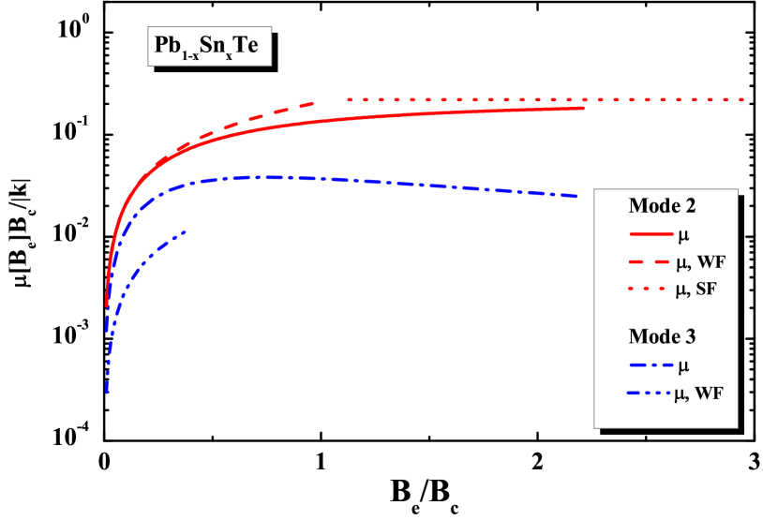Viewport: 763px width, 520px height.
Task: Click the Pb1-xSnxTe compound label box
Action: point(209,46)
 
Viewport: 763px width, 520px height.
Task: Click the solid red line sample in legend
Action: point(648,234)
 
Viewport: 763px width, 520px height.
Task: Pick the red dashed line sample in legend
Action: point(648,261)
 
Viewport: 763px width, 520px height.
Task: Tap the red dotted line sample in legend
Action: point(648,290)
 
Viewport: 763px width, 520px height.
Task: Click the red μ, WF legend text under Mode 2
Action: point(699,262)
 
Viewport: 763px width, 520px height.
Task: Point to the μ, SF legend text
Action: point(696,290)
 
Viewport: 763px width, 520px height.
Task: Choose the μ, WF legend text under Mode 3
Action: point(699,394)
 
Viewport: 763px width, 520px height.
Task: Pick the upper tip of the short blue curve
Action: point(185,231)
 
